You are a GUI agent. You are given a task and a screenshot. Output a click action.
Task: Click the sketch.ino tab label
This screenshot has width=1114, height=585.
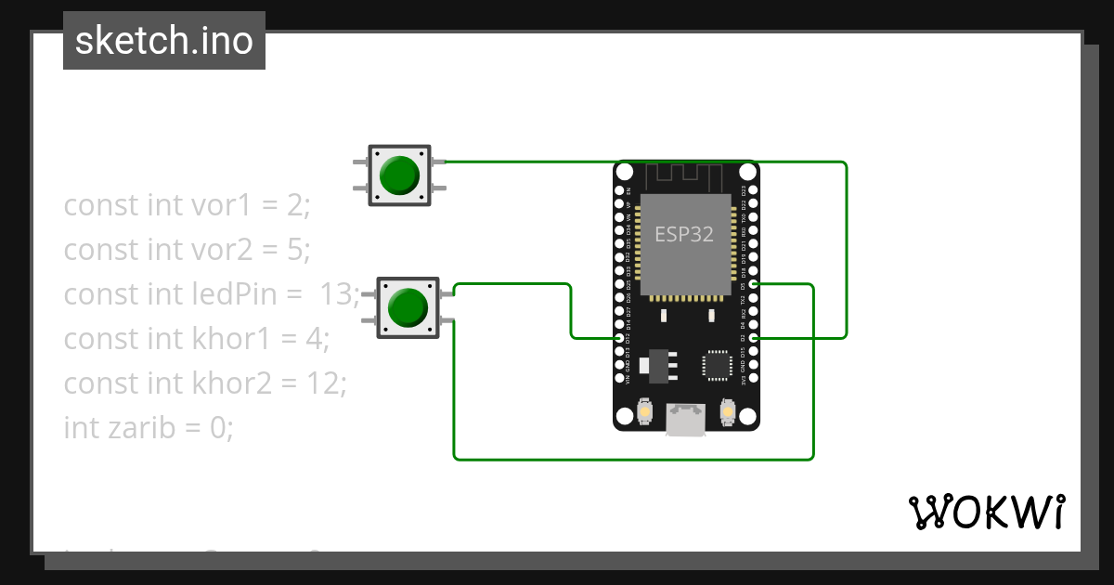click(x=164, y=41)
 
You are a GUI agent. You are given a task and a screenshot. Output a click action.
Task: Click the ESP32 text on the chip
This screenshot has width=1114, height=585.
click(x=684, y=234)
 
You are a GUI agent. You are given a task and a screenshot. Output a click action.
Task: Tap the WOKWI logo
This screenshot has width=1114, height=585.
click(x=986, y=512)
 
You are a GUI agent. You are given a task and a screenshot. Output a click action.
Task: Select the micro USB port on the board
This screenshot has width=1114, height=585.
click(x=685, y=419)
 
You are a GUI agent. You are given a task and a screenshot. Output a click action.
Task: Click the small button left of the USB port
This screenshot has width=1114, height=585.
click(x=647, y=410)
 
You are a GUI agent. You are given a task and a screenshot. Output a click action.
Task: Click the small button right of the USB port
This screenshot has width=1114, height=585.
click(x=727, y=410)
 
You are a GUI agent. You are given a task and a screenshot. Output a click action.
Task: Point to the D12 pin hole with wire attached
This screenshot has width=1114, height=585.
click(x=619, y=338)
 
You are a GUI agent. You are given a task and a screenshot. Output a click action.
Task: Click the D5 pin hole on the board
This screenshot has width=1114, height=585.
click(x=753, y=284)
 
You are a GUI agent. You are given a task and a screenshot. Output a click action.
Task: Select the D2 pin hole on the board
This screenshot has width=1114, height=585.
click(x=753, y=338)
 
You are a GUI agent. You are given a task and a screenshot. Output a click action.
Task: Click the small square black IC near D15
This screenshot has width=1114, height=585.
click(x=718, y=364)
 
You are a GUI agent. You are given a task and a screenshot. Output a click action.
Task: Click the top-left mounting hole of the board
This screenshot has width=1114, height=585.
click(x=624, y=172)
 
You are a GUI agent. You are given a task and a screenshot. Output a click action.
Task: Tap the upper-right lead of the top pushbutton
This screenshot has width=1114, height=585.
click(x=439, y=162)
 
